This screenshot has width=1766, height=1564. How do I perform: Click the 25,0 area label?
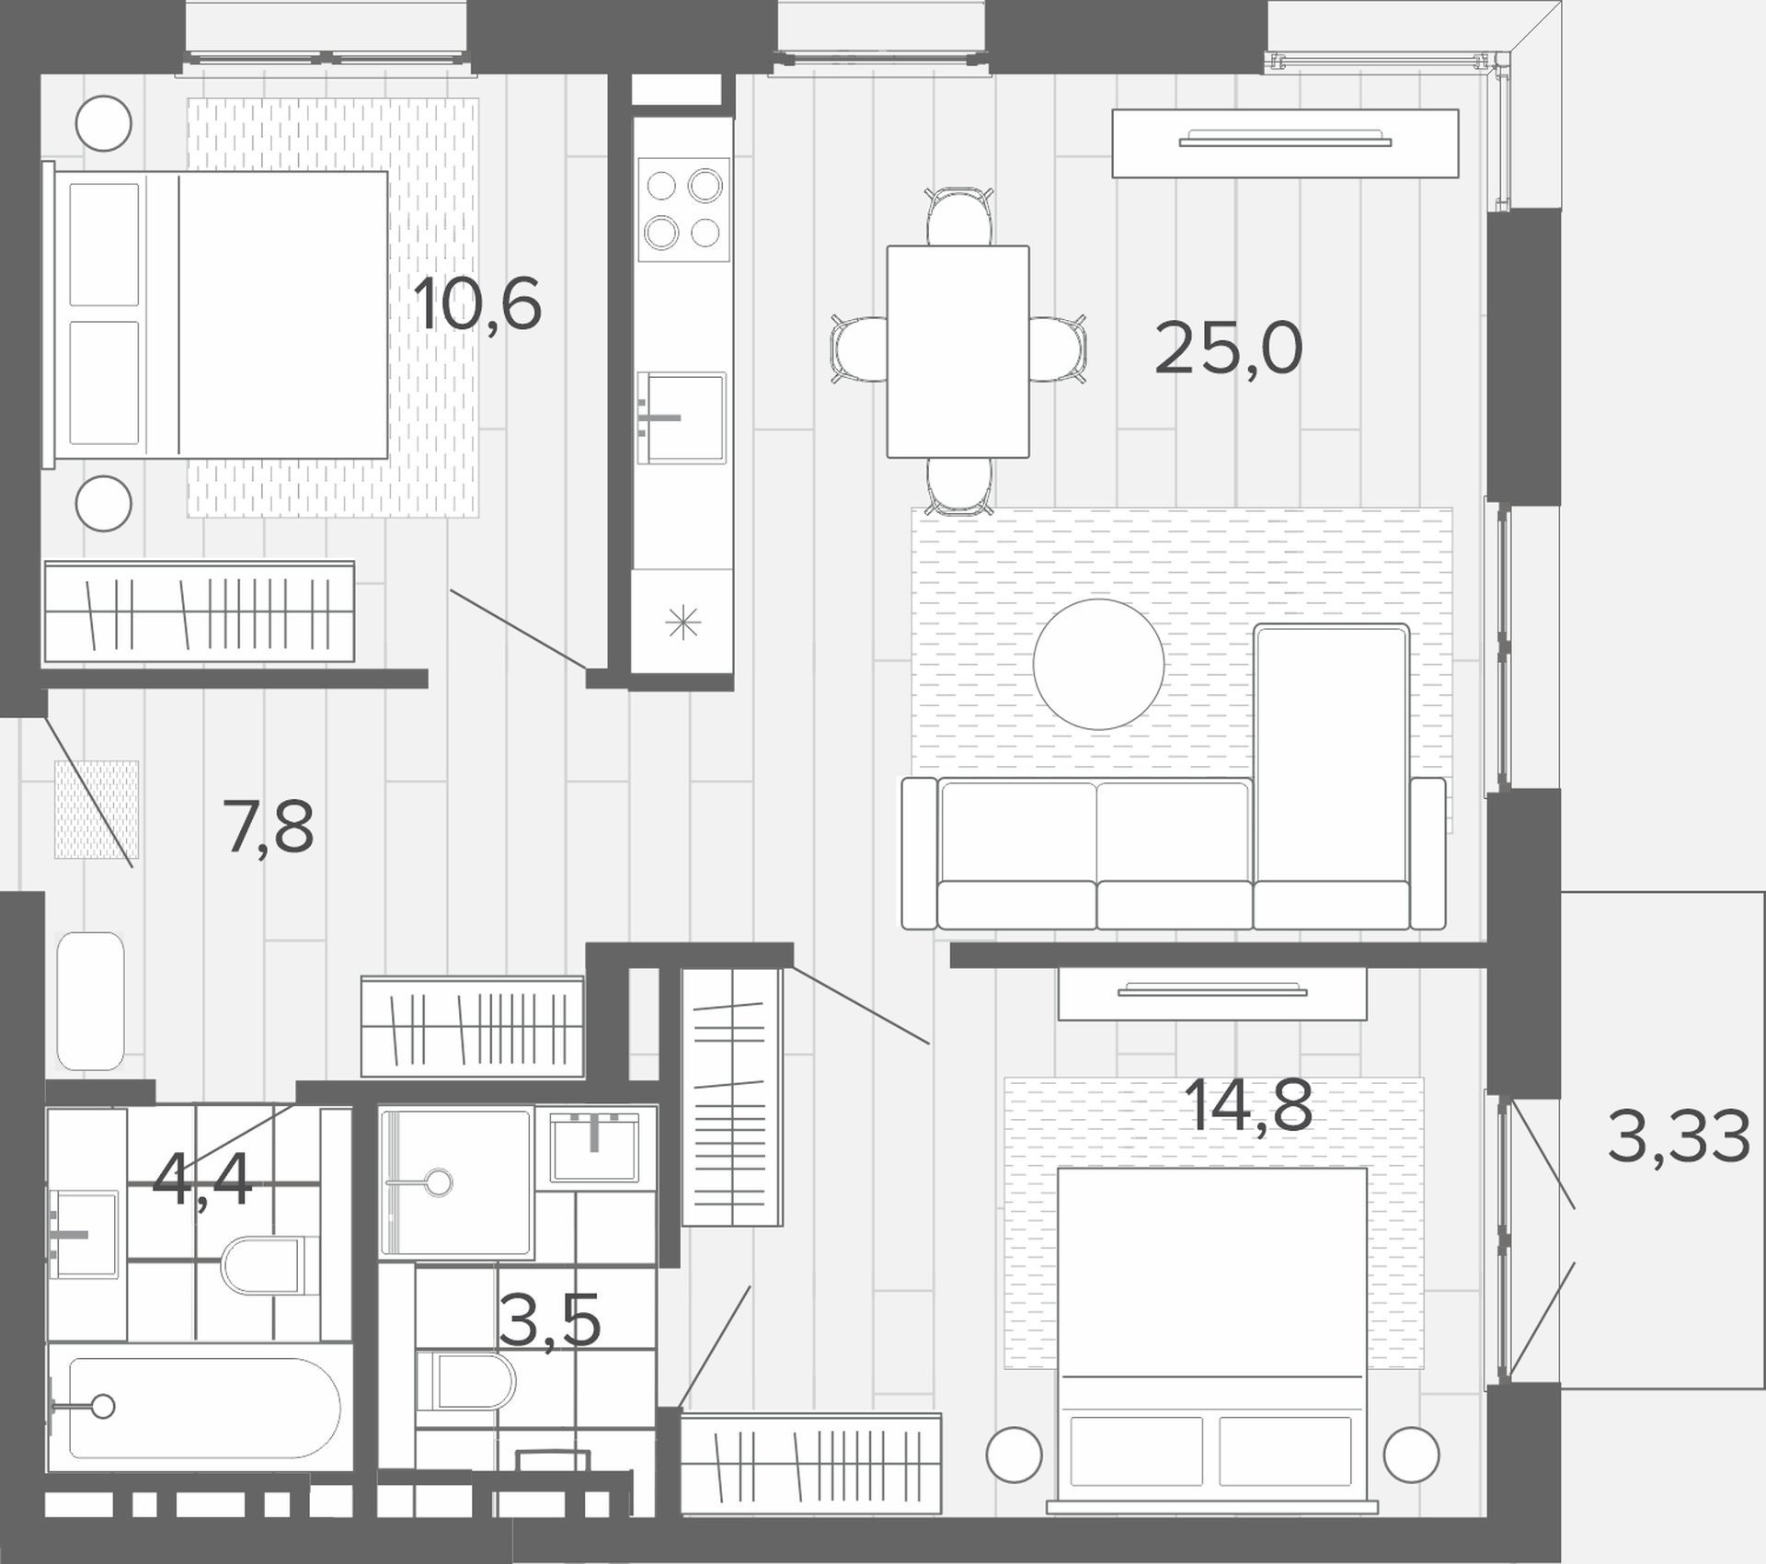[x=1228, y=348]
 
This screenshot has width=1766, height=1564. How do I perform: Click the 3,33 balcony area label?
[x=1679, y=1136]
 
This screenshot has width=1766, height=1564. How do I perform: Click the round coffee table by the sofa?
[x=1098, y=664]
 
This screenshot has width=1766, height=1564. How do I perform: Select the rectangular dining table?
[x=958, y=351]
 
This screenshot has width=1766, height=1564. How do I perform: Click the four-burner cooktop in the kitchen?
[x=683, y=210]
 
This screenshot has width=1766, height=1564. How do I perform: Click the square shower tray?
[x=456, y=1184]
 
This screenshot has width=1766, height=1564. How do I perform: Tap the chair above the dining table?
[x=959, y=217]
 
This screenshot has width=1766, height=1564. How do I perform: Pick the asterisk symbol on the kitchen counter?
[x=682, y=624]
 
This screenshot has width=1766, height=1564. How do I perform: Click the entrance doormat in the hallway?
[x=97, y=809]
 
